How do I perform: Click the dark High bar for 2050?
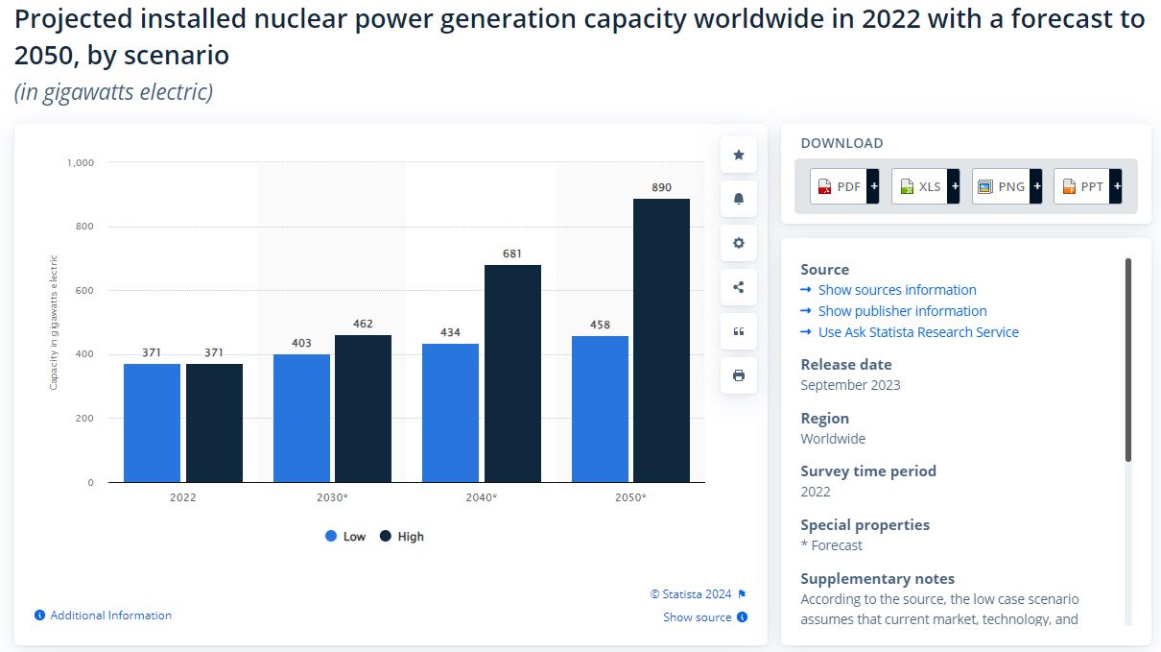(x=661, y=340)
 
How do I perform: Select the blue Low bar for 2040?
(x=450, y=413)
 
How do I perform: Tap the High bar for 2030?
(x=363, y=408)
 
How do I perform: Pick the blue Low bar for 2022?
(x=152, y=423)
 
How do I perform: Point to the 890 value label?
(x=661, y=187)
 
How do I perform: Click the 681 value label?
(x=512, y=254)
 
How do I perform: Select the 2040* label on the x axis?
(x=481, y=497)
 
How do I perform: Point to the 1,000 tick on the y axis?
(x=81, y=162)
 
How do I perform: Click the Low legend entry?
(x=345, y=537)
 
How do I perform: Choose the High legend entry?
(x=401, y=537)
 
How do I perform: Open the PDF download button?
(x=844, y=186)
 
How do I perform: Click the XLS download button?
(x=925, y=186)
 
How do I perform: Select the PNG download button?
(x=1007, y=186)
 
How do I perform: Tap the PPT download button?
(x=1087, y=186)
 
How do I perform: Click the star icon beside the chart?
(x=739, y=155)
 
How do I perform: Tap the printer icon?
(x=739, y=375)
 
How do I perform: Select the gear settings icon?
(x=739, y=243)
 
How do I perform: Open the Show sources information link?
(x=896, y=290)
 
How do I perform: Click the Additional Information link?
(x=110, y=616)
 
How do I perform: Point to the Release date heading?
(x=846, y=365)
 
